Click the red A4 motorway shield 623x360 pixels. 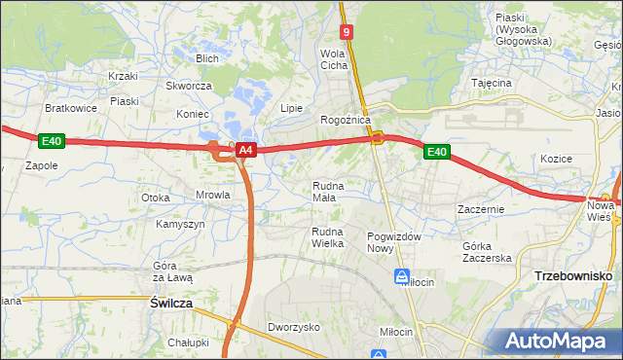(x=246, y=151)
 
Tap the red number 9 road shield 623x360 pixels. (x=348, y=32)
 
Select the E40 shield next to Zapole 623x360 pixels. (x=52, y=142)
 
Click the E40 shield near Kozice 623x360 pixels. (x=436, y=152)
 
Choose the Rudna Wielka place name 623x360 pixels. (x=327, y=237)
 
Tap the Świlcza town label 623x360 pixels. (x=171, y=304)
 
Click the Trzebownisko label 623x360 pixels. (x=572, y=276)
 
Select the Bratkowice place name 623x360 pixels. (x=70, y=108)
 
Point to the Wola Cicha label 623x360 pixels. (x=334, y=59)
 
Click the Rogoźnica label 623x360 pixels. (x=346, y=120)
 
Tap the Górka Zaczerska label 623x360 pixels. (x=487, y=252)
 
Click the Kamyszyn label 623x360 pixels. (x=180, y=224)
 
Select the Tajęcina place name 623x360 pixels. (x=492, y=84)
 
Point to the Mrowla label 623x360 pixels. (x=212, y=195)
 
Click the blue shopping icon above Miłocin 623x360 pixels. (x=402, y=277)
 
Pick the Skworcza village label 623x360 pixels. (x=188, y=86)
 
